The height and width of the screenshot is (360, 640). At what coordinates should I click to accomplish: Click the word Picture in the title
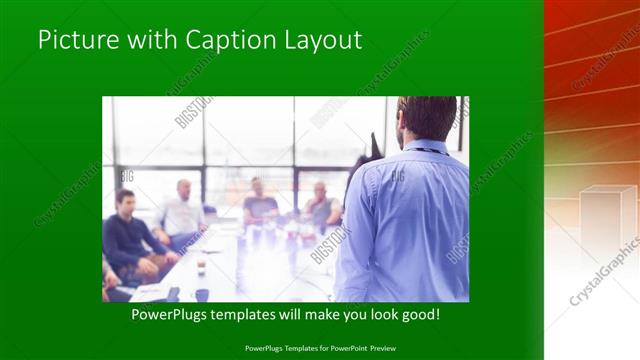76,40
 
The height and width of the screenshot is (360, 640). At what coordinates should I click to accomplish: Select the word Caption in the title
219,41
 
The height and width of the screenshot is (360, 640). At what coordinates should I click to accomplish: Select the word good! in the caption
420,314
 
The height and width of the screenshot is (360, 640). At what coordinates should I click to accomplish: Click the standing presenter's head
428,118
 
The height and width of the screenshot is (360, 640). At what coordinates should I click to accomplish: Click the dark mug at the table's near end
202,295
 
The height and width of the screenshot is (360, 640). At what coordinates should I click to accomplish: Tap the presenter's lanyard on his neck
425,151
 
